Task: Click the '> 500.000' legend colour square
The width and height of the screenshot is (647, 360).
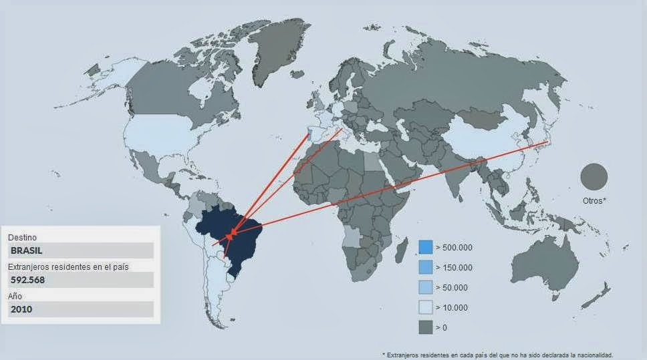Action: [425, 247]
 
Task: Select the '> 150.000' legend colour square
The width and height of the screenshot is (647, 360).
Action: [425, 267]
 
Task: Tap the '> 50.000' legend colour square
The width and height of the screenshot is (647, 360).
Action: [425, 287]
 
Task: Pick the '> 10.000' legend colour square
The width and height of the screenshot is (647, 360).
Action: [425, 307]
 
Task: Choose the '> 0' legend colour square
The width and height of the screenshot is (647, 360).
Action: [425, 327]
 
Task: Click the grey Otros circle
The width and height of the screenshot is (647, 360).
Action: [594, 177]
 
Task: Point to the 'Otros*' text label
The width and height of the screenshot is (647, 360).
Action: [594, 200]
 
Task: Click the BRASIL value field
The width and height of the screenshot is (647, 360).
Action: [80, 250]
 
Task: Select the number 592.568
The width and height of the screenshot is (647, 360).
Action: [28, 280]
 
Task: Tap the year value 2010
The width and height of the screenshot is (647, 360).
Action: [21, 309]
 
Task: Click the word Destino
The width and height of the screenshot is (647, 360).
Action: [22, 237]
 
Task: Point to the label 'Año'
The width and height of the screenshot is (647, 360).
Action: [15, 296]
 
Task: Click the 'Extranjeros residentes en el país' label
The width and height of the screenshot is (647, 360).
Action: [68, 266]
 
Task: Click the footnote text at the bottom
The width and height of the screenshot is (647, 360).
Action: [497, 355]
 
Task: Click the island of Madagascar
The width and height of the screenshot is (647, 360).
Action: [403, 253]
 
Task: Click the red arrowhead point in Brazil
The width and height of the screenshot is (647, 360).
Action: [230, 235]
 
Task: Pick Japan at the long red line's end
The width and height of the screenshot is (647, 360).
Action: [547, 142]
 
